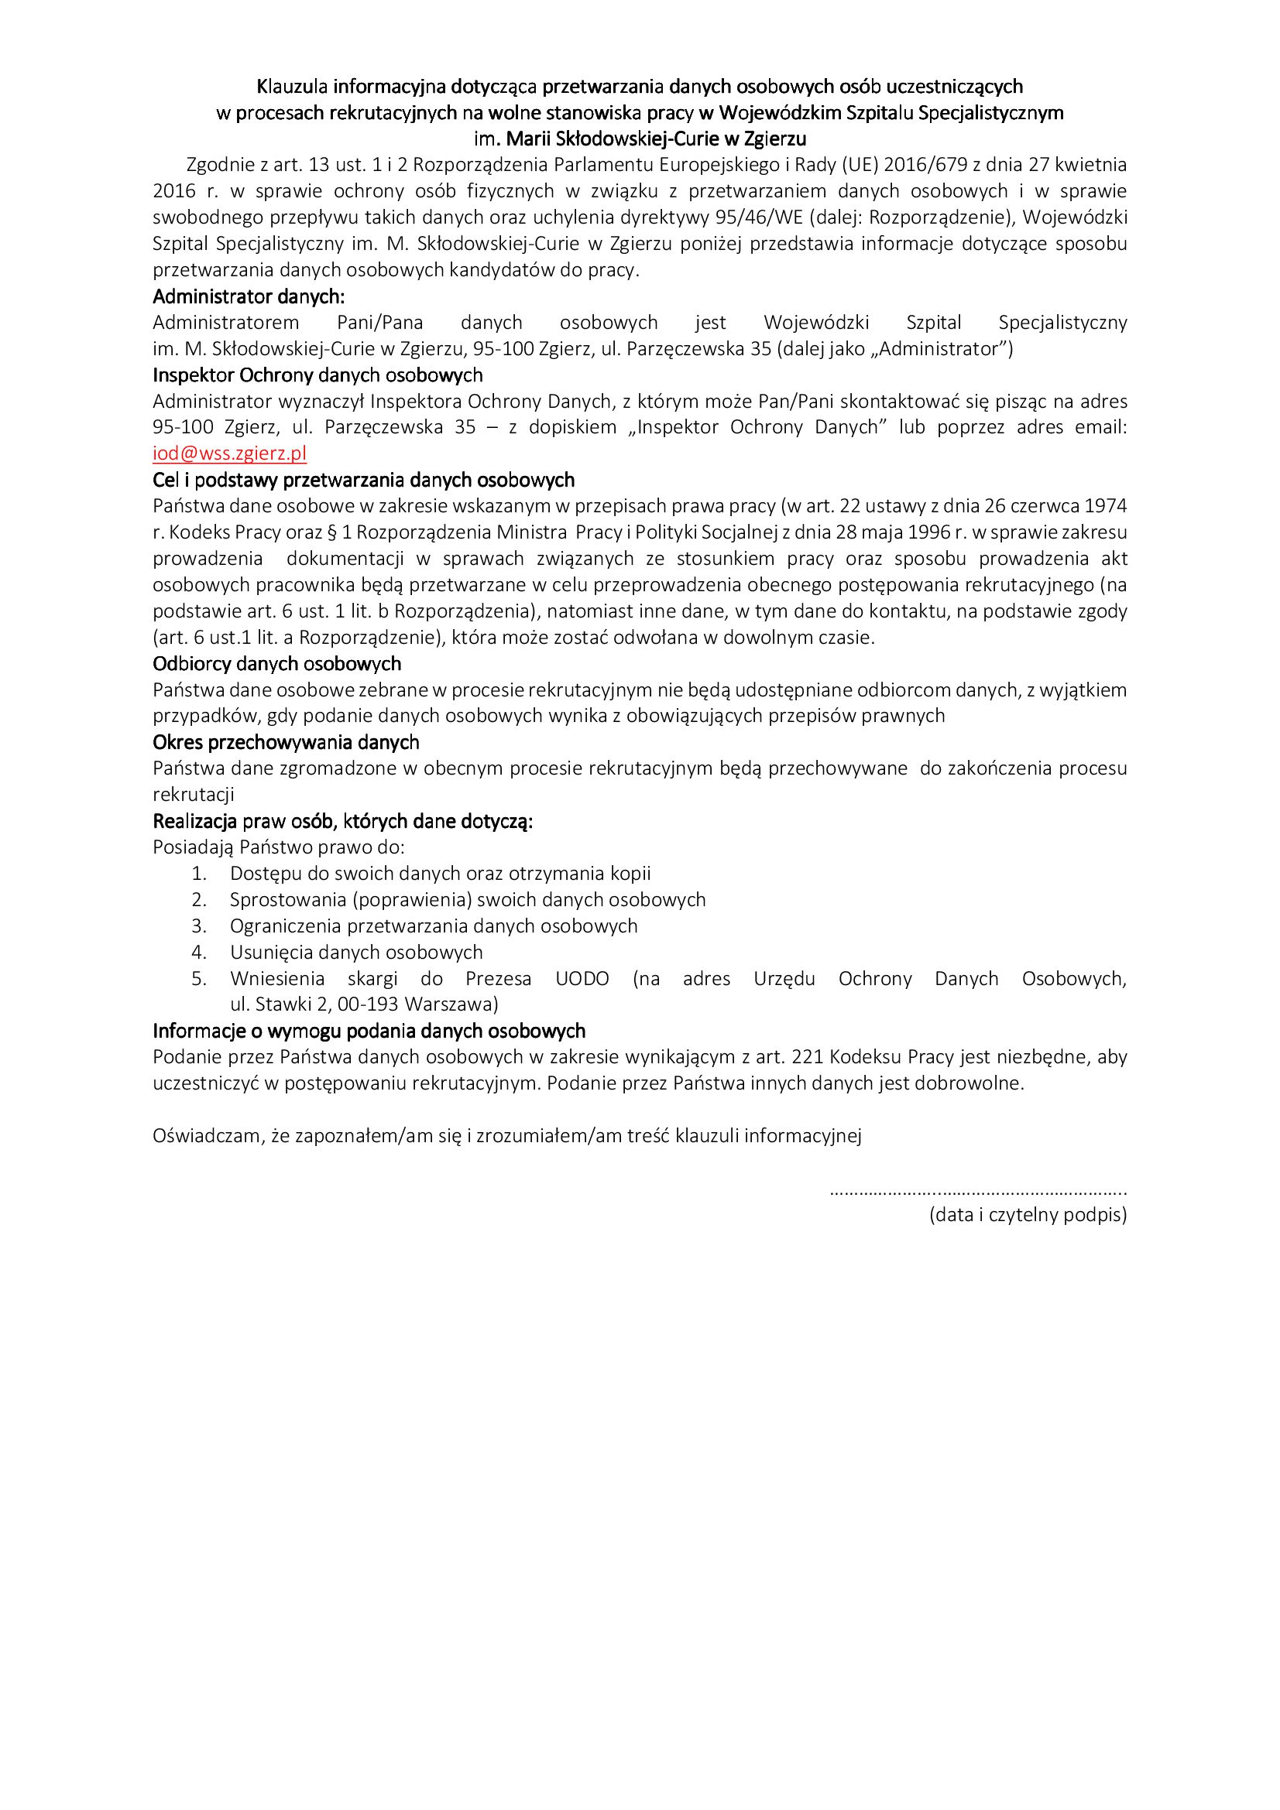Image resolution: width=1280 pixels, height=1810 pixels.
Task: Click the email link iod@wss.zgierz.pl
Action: pyautogui.click(x=229, y=453)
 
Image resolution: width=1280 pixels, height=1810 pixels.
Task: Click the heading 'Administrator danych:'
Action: pyautogui.click(x=249, y=296)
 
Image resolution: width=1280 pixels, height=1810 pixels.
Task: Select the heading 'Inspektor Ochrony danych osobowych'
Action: pyautogui.click(x=317, y=375)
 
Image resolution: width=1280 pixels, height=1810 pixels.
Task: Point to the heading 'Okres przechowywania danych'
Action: pyautogui.click(x=286, y=742)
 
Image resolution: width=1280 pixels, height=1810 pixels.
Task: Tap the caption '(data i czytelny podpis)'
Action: pyautogui.click(x=1028, y=1214)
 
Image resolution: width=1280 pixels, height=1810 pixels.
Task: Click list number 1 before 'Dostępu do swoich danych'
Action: pyautogui.click(x=199, y=874)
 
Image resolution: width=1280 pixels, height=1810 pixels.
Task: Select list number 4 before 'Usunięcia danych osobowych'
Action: pyautogui.click(x=199, y=953)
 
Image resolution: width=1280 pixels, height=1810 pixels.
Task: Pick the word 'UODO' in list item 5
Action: pyautogui.click(x=582, y=978)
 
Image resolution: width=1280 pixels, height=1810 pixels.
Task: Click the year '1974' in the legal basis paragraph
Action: pyautogui.click(x=1107, y=506)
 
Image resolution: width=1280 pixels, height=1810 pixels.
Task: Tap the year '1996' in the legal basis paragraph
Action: pyautogui.click(x=928, y=532)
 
